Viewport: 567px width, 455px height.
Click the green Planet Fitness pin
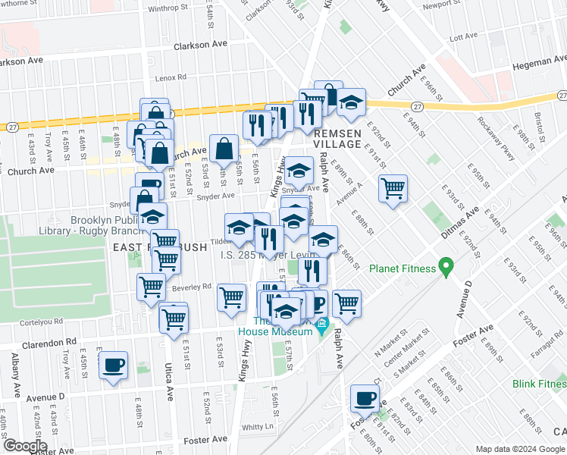[446, 268]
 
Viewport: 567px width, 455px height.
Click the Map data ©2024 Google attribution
[520, 448]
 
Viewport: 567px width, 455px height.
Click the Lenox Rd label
[171, 77]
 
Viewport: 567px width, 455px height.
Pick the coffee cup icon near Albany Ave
[114, 366]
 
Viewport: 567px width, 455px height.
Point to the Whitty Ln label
[257, 427]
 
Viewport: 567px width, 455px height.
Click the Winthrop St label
[168, 8]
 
